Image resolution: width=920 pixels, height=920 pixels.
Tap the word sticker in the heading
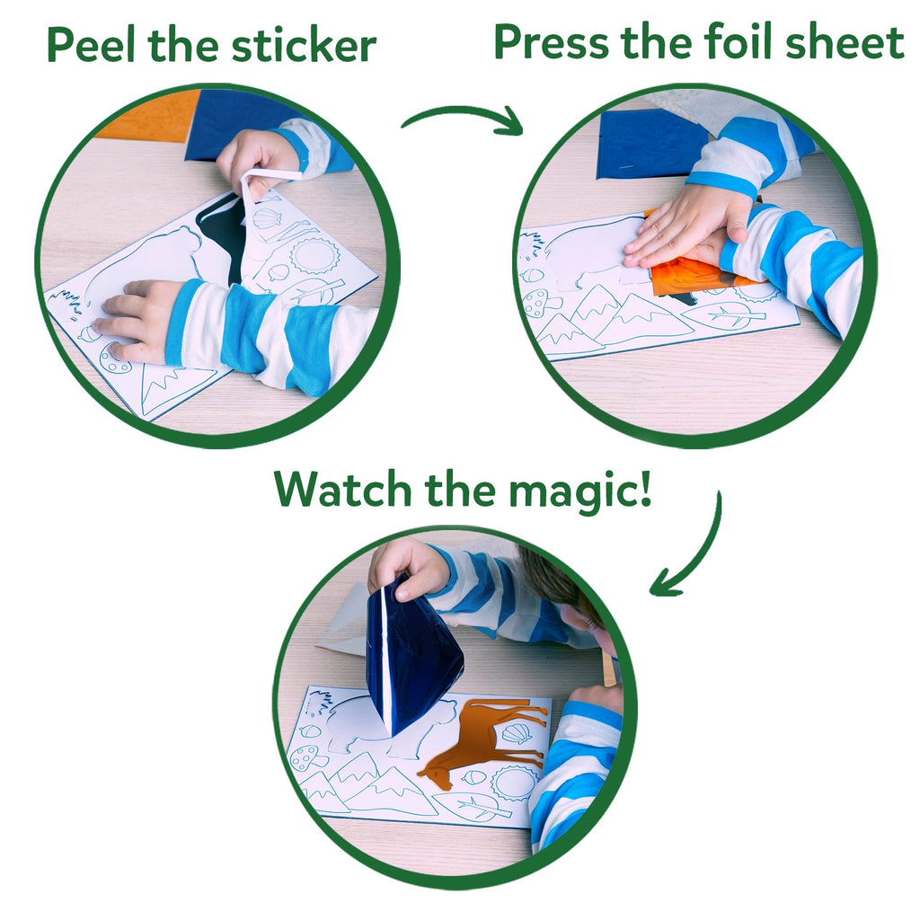pyautogui.click(x=305, y=45)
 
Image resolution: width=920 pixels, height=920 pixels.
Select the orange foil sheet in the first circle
pyautogui.click(x=148, y=115)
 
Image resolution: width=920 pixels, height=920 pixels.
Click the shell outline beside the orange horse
pyautogui.click(x=516, y=733)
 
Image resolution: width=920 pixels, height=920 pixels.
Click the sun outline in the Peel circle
pyautogui.click(x=314, y=255)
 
